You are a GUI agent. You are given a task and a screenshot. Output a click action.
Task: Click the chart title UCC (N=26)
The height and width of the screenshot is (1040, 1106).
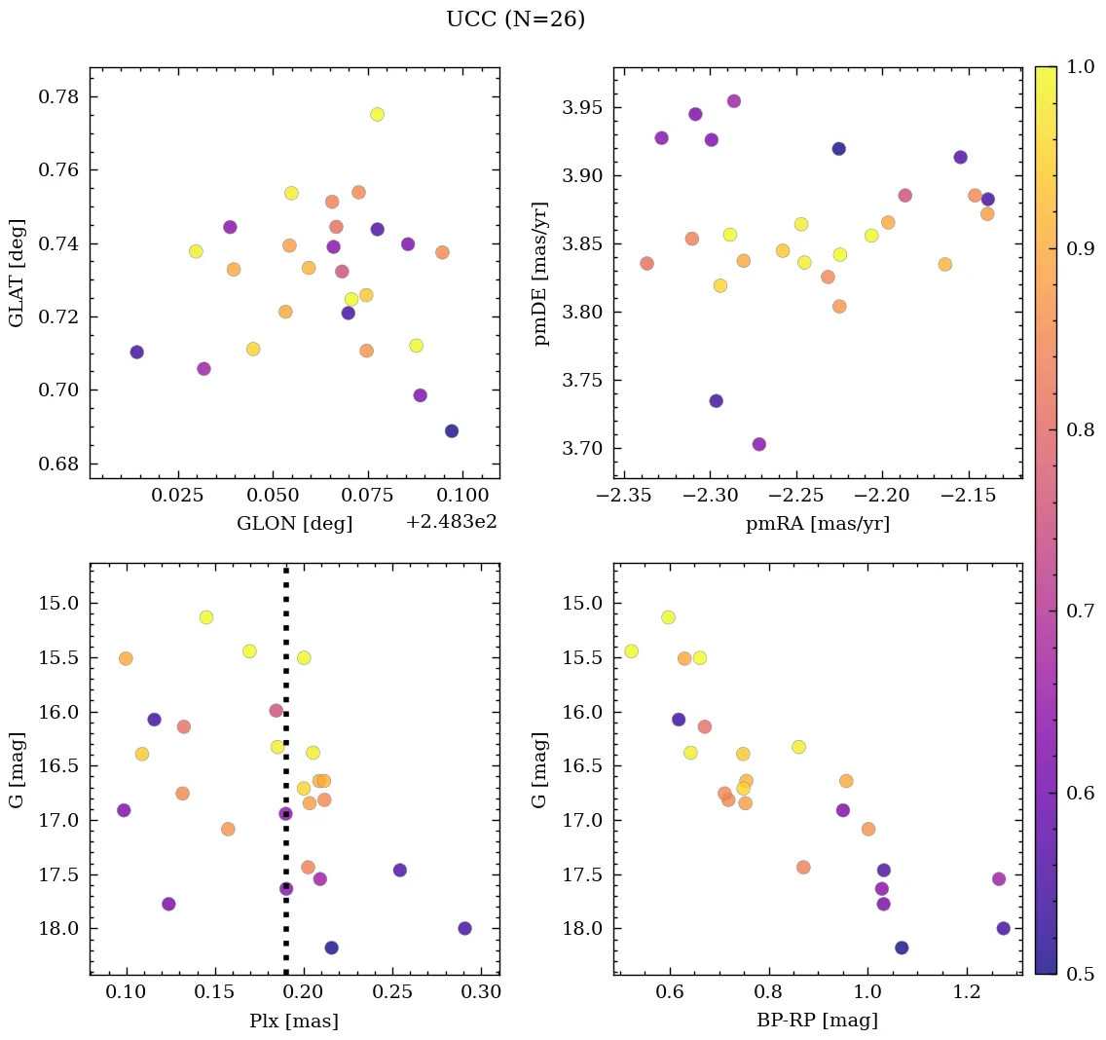[x=515, y=19]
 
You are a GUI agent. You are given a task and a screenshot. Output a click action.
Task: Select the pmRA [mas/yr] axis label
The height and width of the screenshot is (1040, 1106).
[x=817, y=524]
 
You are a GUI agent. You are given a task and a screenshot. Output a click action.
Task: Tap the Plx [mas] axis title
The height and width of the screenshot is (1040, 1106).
[x=294, y=1021]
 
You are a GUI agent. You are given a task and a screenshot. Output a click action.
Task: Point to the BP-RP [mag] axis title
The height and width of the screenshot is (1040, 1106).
[x=817, y=1021]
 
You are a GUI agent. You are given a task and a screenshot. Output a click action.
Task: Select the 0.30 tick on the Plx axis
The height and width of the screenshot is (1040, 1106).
[x=481, y=994]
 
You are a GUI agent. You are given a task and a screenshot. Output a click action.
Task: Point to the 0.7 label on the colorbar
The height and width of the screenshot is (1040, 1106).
[x=1081, y=612]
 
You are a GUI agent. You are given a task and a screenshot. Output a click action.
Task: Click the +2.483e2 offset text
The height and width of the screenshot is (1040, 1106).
[x=452, y=522]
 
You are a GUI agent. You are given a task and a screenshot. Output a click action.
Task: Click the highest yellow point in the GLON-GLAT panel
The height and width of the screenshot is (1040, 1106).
[x=377, y=114]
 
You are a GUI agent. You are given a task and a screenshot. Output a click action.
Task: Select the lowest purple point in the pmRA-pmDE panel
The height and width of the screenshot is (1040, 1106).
[x=759, y=444]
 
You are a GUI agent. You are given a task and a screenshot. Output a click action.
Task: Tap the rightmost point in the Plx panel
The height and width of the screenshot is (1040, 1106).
[x=464, y=928]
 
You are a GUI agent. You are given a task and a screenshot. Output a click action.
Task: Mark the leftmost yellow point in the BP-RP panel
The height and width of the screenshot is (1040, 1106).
[x=631, y=650]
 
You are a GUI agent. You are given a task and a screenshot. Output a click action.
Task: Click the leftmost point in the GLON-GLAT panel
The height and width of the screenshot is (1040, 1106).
[x=136, y=352]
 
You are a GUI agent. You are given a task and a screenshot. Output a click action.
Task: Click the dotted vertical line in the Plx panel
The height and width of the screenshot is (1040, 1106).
[x=285, y=682]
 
